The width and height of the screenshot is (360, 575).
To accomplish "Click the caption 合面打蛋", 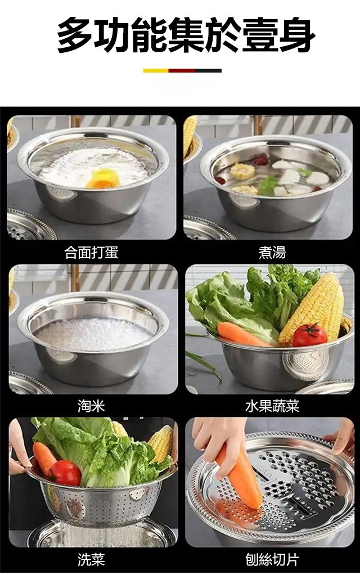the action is (x=91, y=253).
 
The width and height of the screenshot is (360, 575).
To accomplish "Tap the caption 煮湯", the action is (x=272, y=253).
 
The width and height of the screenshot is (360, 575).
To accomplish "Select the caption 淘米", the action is (x=91, y=406).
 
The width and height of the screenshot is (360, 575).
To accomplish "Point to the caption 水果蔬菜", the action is (x=272, y=406).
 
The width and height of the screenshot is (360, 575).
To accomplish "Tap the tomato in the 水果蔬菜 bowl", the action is (x=309, y=334).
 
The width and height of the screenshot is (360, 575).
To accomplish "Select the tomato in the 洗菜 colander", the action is (x=65, y=473).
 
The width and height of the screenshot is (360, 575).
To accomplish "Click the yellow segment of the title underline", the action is (x=155, y=70).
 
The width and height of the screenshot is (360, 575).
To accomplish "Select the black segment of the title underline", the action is (x=208, y=70).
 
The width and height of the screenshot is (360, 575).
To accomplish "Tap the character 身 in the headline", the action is (x=296, y=35).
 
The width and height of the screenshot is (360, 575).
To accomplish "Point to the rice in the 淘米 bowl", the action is (x=93, y=334).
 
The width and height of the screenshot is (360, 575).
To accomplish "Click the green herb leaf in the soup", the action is (x=268, y=185).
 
